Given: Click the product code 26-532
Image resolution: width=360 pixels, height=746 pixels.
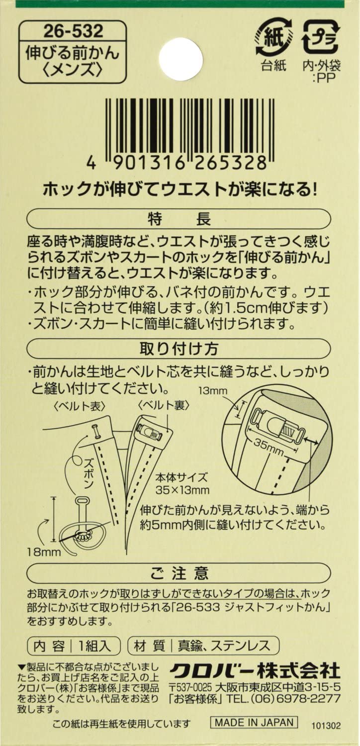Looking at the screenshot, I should tap(73, 31).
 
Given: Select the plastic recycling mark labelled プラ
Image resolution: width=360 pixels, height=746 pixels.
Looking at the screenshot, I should tap(320, 37).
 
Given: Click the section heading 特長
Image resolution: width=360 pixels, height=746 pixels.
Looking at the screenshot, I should tap(180, 219).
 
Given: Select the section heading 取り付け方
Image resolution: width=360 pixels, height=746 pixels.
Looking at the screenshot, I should tap(180, 349).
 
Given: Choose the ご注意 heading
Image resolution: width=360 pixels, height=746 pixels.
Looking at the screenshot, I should tap(180, 573).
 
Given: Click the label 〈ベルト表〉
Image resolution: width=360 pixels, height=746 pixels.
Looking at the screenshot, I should tap(80, 406).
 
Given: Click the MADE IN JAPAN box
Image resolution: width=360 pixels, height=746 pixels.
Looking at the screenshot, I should tap(254, 722).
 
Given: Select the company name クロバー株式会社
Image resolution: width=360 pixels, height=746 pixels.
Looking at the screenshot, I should tap(255, 669).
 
